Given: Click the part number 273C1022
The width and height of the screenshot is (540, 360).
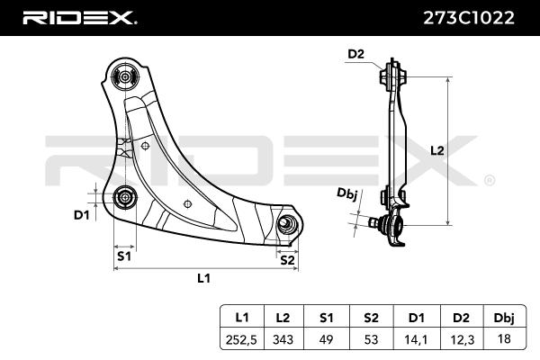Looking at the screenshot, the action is click(x=468, y=18).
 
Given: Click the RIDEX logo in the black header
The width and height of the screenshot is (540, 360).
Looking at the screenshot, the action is click(x=80, y=18).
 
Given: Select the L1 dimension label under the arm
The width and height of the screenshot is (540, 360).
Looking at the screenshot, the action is click(x=203, y=278).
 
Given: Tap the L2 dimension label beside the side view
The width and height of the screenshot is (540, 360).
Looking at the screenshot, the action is click(x=437, y=150).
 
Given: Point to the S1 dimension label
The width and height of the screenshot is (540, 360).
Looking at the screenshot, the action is click(x=124, y=256).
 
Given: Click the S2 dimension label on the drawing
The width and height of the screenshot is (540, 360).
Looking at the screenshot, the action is click(x=288, y=260).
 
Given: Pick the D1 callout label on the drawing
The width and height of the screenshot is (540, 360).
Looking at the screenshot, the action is click(x=82, y=215).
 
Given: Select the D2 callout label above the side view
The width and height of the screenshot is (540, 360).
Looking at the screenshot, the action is click(x=355, y=54).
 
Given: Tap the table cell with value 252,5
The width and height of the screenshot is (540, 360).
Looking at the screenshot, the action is click(x=241, y=339).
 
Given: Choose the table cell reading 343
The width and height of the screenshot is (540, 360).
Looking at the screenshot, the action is click(x=283, y=339).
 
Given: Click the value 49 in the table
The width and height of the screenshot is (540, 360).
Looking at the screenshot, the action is click(x=326, y=339).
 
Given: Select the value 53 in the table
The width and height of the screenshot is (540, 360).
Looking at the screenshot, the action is click(x=371, y=339).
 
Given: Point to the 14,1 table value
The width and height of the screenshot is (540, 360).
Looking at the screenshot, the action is click(x=417, y=339).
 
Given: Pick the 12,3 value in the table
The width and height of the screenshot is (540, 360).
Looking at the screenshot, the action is click(x=462, y=339).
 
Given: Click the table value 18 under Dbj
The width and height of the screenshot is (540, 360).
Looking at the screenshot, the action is click(x=504, y=338).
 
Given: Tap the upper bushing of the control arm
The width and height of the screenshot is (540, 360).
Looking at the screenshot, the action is click(x=125, y=76).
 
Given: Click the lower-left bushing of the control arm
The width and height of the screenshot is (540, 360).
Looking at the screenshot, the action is click(x=125, y=198).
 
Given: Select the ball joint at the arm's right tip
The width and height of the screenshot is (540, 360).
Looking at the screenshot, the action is click(x=287, y=224).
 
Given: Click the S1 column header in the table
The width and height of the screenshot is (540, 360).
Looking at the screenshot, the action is click(x=326, y=318).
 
